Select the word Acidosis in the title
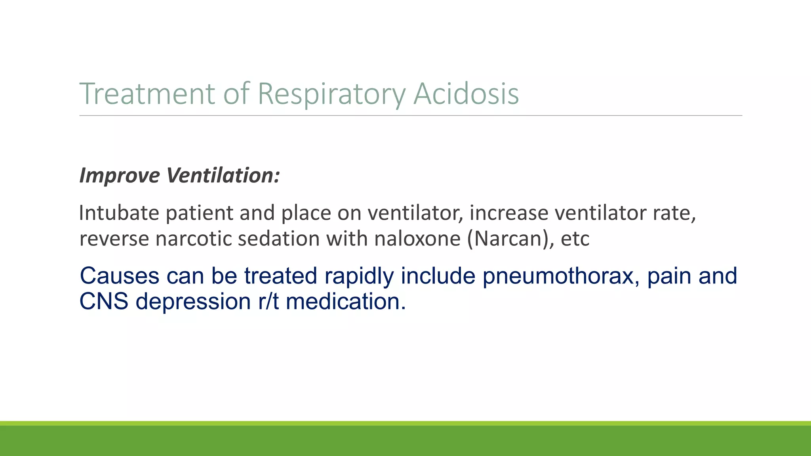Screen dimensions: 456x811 coord(466,93)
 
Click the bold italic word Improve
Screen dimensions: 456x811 coord(120,175)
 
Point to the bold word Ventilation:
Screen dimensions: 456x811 coord(223,175)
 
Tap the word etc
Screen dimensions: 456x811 coord(575,239)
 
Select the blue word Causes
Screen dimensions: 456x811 coord(119,276)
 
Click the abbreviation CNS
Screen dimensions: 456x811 coord(104,302)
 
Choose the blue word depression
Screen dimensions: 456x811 coord(193,302)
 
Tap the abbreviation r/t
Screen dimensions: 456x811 coord(268,302)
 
